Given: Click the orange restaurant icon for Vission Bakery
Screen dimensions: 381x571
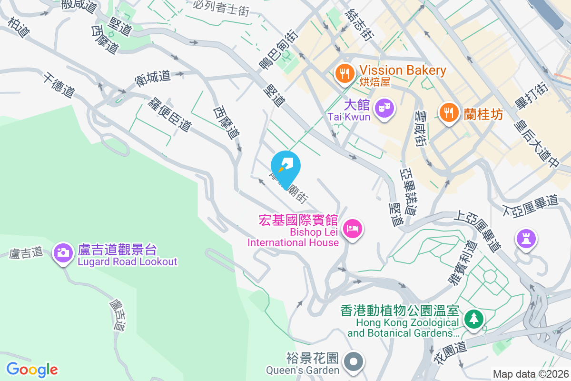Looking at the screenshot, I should point(344,73).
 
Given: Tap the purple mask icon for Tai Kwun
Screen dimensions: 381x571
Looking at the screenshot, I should point(384,108).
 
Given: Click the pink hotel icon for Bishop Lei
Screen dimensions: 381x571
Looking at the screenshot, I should point(353,229).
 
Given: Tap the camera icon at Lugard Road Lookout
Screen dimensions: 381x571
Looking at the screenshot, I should point(63,252).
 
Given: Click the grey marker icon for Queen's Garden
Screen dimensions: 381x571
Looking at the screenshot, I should point(353,361).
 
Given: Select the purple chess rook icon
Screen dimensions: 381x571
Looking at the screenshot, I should point(526,238).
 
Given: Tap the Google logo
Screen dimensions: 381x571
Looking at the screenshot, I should point(32,369).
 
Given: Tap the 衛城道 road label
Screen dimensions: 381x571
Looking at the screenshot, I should point(153,78).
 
